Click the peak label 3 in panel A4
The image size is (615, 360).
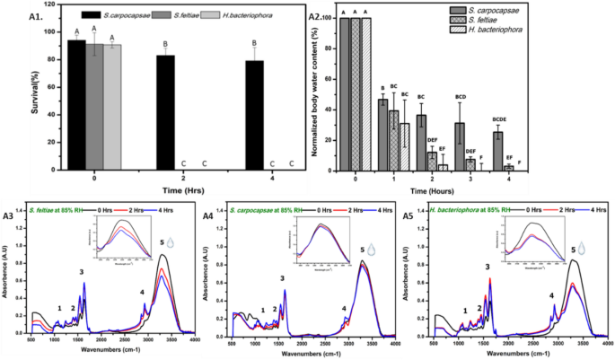pos(283,278)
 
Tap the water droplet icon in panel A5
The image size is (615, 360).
pos(580,248)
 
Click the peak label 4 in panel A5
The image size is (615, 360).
pos(551,294)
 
